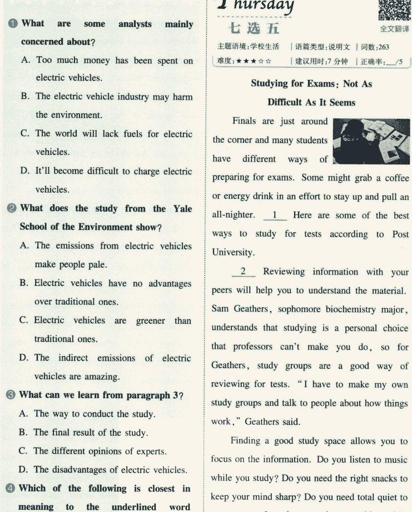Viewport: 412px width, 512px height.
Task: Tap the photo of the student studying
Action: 371,141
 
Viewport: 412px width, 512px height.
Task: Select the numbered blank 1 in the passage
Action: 275,215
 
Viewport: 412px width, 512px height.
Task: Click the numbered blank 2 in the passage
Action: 244,272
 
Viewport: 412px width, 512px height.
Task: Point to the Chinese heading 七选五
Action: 254,28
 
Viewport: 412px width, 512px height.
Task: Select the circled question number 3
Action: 11,395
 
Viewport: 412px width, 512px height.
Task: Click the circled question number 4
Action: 11,489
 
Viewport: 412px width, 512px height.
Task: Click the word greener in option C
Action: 152,321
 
